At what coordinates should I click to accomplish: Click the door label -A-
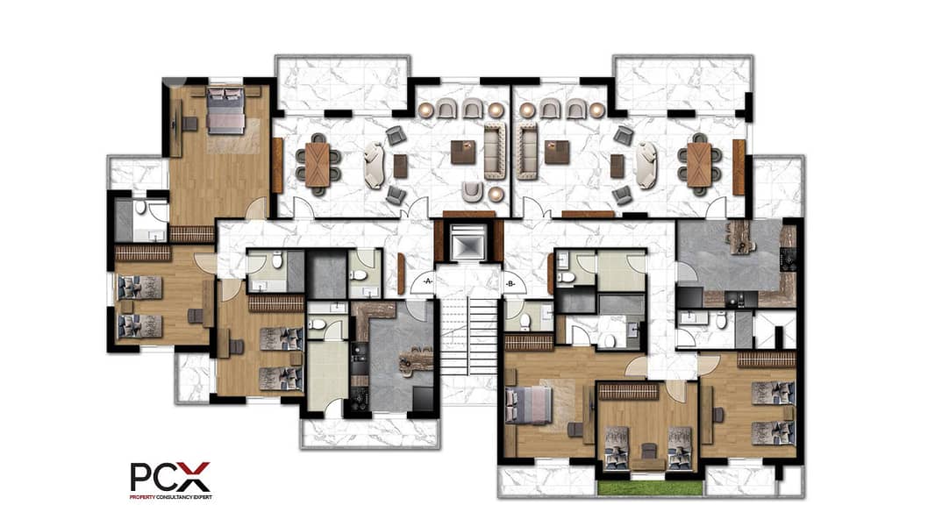[x=427, y=280]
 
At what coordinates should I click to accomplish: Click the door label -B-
[x=510, y=284]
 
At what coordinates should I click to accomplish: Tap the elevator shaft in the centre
[x=468, y=243]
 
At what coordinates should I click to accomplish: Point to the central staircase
[x=468, y=336]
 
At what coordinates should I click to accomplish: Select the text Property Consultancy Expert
[x=170, y=497]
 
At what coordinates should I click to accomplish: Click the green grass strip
[x=649, y=487]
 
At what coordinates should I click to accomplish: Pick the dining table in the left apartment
[x=317, y=165]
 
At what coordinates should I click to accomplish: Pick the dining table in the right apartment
[x=698, y=165]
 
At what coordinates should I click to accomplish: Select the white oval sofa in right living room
[x=646, y=166]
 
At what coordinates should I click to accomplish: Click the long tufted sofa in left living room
[x=495, y=151]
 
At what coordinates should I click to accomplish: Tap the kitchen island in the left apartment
[x=417, y=359]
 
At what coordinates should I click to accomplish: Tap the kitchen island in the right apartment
[x=741, y=238]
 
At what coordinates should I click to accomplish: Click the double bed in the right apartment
[x=529, y=406]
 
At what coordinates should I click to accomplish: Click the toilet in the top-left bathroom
[x=140, y=207]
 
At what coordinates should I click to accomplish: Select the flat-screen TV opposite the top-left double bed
[x=173, y=125]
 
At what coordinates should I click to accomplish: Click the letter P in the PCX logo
[x=142, y=477]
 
